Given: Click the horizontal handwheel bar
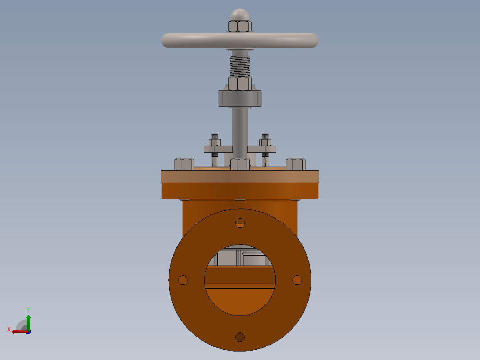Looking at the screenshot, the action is point(240,41).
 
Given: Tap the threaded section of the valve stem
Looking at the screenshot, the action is point(240,66).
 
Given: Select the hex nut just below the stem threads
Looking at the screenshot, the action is point(240,83).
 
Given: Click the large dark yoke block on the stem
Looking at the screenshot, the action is point(240,98).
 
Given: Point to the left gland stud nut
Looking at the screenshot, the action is point(215,143).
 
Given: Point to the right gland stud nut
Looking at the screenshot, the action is point(265,143).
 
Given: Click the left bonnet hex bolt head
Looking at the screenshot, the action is point(184,164).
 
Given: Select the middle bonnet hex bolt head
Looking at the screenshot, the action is point(240,164).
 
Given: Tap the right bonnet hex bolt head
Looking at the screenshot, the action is point(296,164).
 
